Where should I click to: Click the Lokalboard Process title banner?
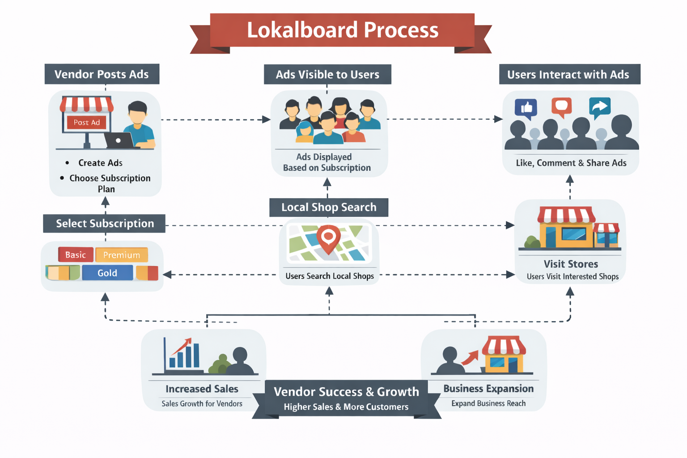[342, 30]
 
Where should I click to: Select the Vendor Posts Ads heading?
[102, 74]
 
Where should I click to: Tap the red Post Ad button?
[87, 122]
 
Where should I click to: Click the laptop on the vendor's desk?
[119, 140]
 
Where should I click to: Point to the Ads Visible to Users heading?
[327, 75]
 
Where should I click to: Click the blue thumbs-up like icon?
[526, 108]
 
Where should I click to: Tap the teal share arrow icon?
[599, 107]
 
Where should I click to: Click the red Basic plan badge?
[76, 255]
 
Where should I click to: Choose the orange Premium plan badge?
[122, 255]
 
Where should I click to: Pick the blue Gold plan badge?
[107, 273]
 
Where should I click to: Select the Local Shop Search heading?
[329, 208]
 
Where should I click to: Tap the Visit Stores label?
[571, 264]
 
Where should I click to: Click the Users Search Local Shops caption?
[330, 276]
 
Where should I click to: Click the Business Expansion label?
[488, 389]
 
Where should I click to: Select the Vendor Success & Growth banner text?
[346, 392]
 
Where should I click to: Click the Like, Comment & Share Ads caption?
[571, 163]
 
